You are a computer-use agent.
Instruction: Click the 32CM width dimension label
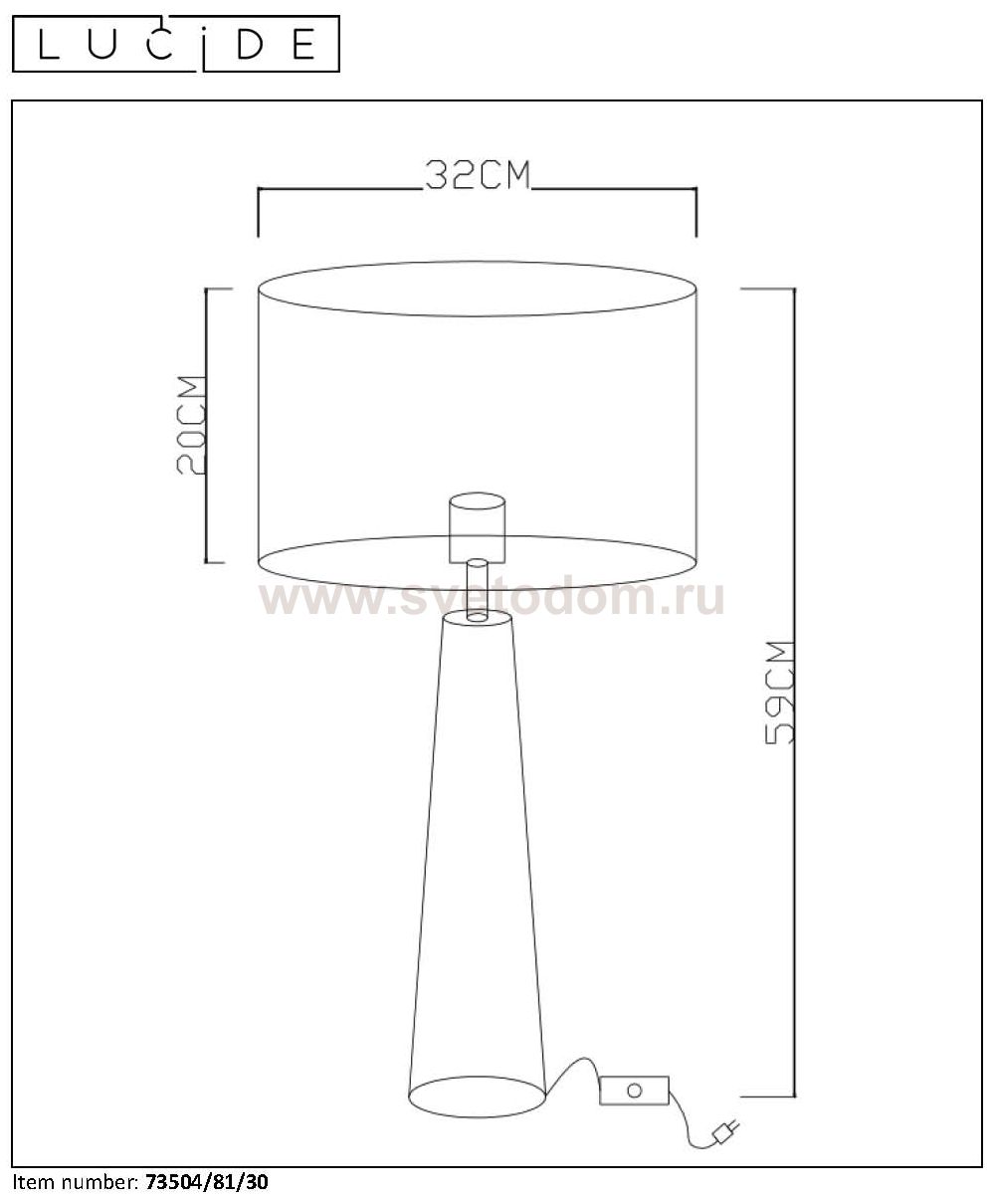coord(478,174)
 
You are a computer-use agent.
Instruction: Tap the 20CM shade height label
coord(191,425)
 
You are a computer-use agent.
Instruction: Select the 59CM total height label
coord(780,692)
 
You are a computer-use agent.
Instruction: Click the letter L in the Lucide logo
coord(49,44)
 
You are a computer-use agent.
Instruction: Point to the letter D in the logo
coord(250,44)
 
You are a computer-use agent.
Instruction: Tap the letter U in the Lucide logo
coord(102,44)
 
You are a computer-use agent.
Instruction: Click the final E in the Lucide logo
coord(303,44)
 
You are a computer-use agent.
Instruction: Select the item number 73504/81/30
coord(207,1182)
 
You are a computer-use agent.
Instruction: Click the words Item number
coord(75,1182)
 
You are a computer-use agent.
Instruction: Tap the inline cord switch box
coord(634,1091)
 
